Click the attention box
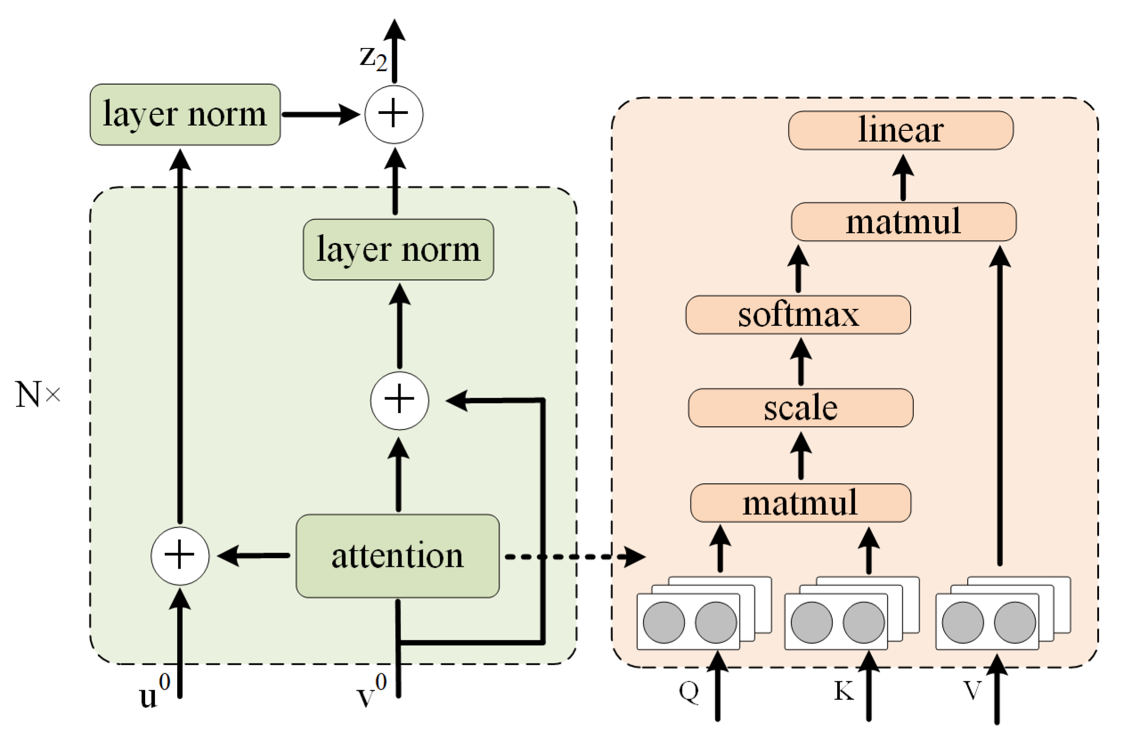click(397, 556)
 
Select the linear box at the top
click(900, 130)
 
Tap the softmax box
click(798, 315)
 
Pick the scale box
click(800, 408)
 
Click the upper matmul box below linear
click(903, 222)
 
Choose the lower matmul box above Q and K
click(800, 503)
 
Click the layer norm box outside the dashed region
click(185, 115)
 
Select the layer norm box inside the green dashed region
click(398, 250)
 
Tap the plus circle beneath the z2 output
click(393, 115)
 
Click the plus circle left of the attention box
click(180, 556)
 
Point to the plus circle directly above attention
click(399, 400)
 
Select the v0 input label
click(371, 692)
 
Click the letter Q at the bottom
click(689, 692)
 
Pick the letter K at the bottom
click(844, 692)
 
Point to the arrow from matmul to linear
click(903, 177)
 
